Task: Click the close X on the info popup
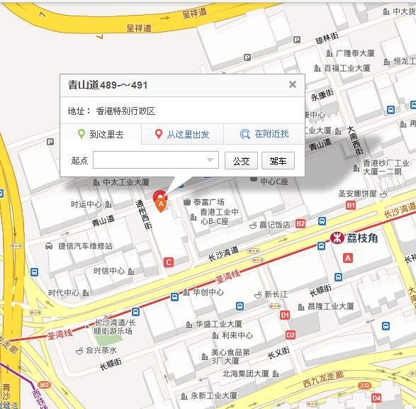pyautogui.click(x=292, y=84)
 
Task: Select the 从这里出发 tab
pyautogui.click(x=182, y=134)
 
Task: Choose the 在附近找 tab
pyautogui.click(x=264, y=134)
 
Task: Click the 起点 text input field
pyautogui.click(x=155, y=160)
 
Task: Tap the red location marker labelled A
pyautogui.click(x=161, y=202)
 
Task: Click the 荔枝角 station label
pyautogui.click(x=362, y=238)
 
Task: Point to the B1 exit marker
pyautogui.click(x=351, y=205)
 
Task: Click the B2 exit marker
pyautogui.click(x=300, y=223)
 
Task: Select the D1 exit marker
pyautogui.click(x=285, y=314)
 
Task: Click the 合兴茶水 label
pyautogui.click(x=101, y=350)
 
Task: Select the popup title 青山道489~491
pyautogui.click(x=108, y=85)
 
